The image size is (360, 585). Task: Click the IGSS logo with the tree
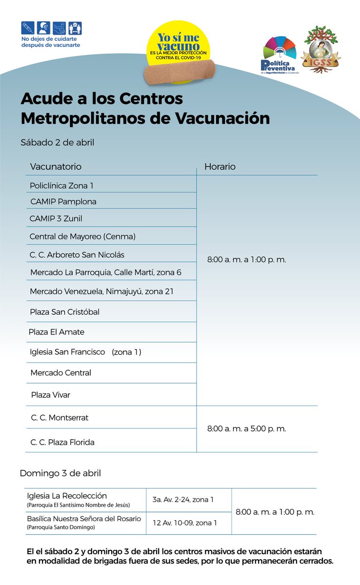coord(321,50)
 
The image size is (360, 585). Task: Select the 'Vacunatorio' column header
coord(56,167)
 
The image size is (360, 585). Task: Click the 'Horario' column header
coord(220,167)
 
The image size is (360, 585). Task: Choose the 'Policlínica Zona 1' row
coord(61,186)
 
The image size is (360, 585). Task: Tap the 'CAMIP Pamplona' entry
coord(63,201)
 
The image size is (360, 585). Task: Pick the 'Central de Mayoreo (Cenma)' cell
coord(82,236)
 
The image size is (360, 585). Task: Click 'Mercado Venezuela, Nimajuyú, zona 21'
coord(101,292)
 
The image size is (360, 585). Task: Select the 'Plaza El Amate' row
coord(57,332)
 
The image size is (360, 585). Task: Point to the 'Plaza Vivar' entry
coord(51,395)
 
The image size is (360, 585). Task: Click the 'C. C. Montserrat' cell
coord(60,418)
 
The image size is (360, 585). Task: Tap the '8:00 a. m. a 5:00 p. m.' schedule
coord(246,429)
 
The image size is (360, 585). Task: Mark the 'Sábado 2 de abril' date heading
coord(57,143)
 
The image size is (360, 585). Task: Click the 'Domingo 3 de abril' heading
coord(60,473)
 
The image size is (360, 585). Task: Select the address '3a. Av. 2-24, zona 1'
coord(183,500)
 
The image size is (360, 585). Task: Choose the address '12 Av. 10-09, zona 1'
coord(184,523)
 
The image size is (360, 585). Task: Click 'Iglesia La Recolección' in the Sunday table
coord(67,496)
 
